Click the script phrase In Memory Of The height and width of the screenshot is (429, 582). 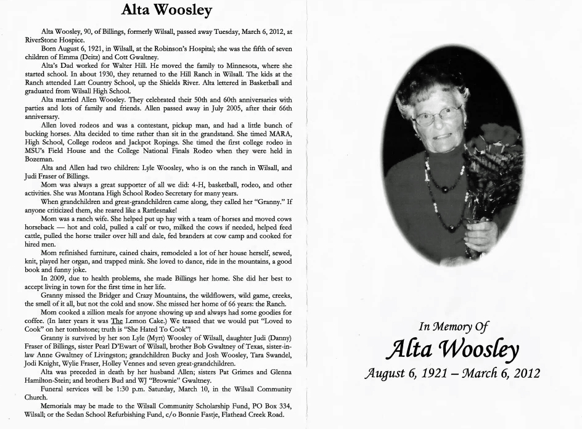[453, 327]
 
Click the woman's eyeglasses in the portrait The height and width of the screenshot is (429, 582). [438, 115]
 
